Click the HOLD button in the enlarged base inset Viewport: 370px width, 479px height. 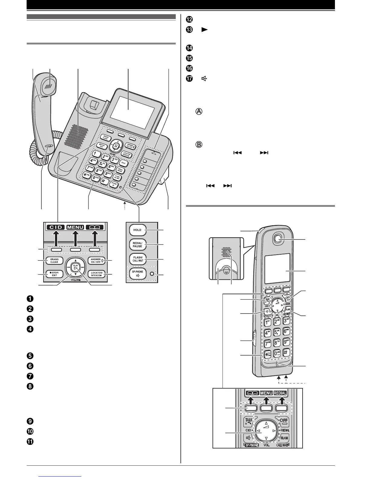click(137, 230)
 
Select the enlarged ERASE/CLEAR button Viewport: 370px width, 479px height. click(54, 260)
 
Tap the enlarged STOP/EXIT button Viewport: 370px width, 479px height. click(54, 274)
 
